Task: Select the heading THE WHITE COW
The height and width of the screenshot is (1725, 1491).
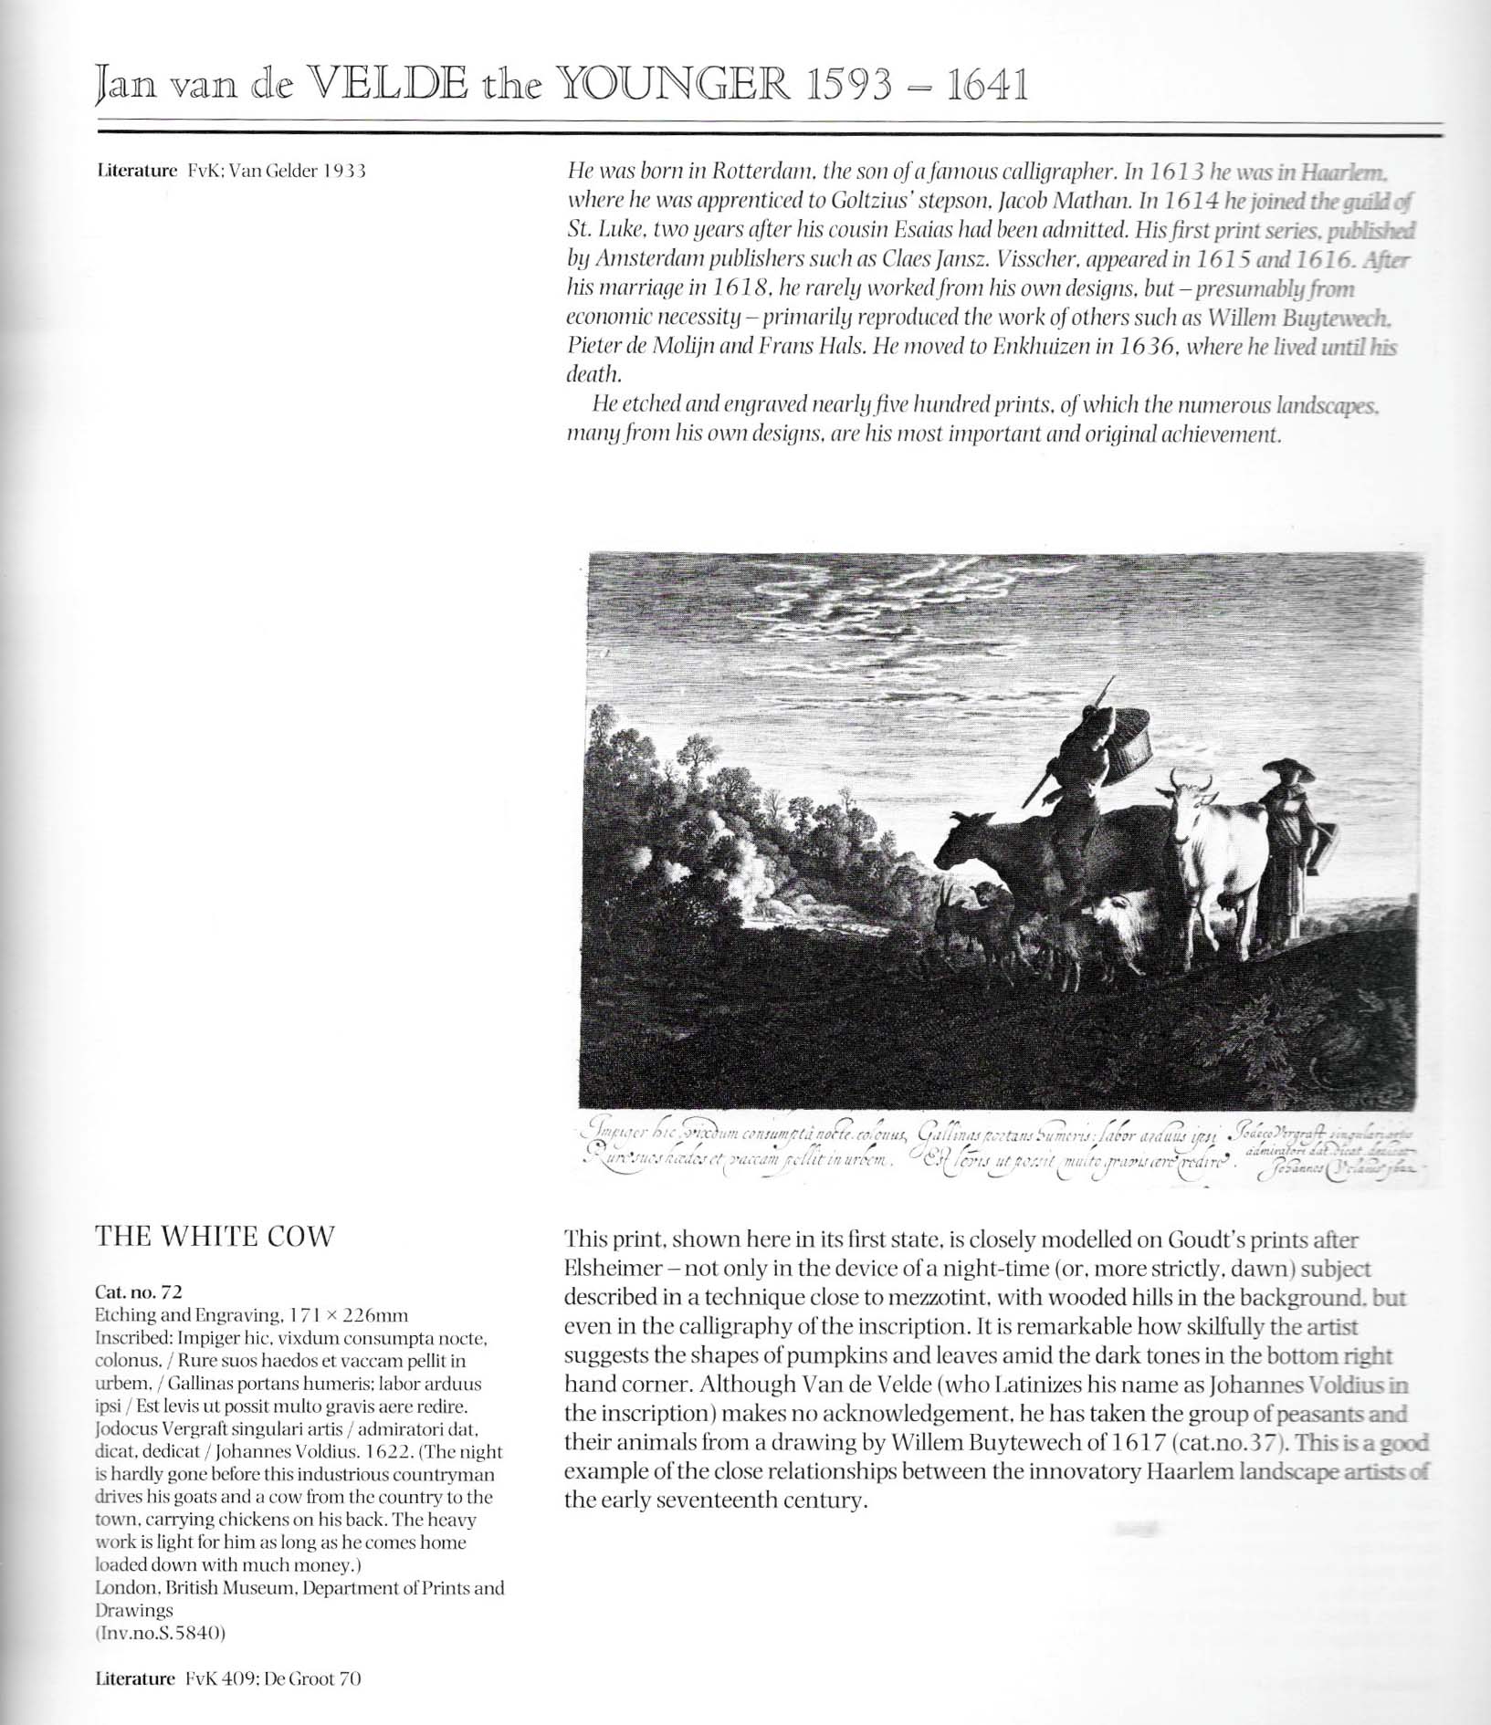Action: (215, 1237)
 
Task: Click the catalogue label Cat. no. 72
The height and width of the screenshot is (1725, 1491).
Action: (139, 1291)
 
